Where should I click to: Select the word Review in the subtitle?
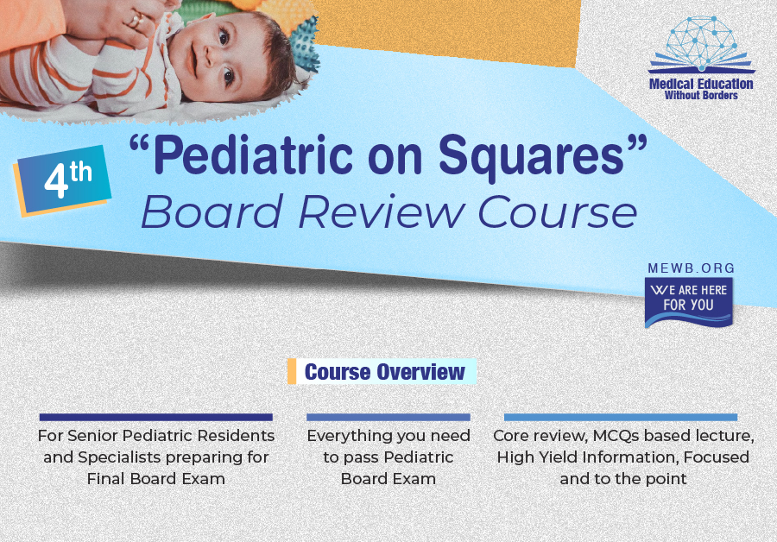(381, 212)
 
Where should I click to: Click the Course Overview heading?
(385, 372)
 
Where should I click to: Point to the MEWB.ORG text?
(692, 268)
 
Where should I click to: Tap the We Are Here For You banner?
(689, 302)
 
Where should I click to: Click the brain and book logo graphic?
(701, 45)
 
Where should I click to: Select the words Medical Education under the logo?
(701, 85)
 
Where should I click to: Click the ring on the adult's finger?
(135, 21)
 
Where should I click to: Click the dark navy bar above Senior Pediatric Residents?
(156, 417)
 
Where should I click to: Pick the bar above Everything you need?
(388, 417)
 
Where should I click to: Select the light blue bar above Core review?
(621, 417)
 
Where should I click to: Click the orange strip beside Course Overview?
(292, 371)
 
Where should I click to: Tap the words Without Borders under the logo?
(701, 96)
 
